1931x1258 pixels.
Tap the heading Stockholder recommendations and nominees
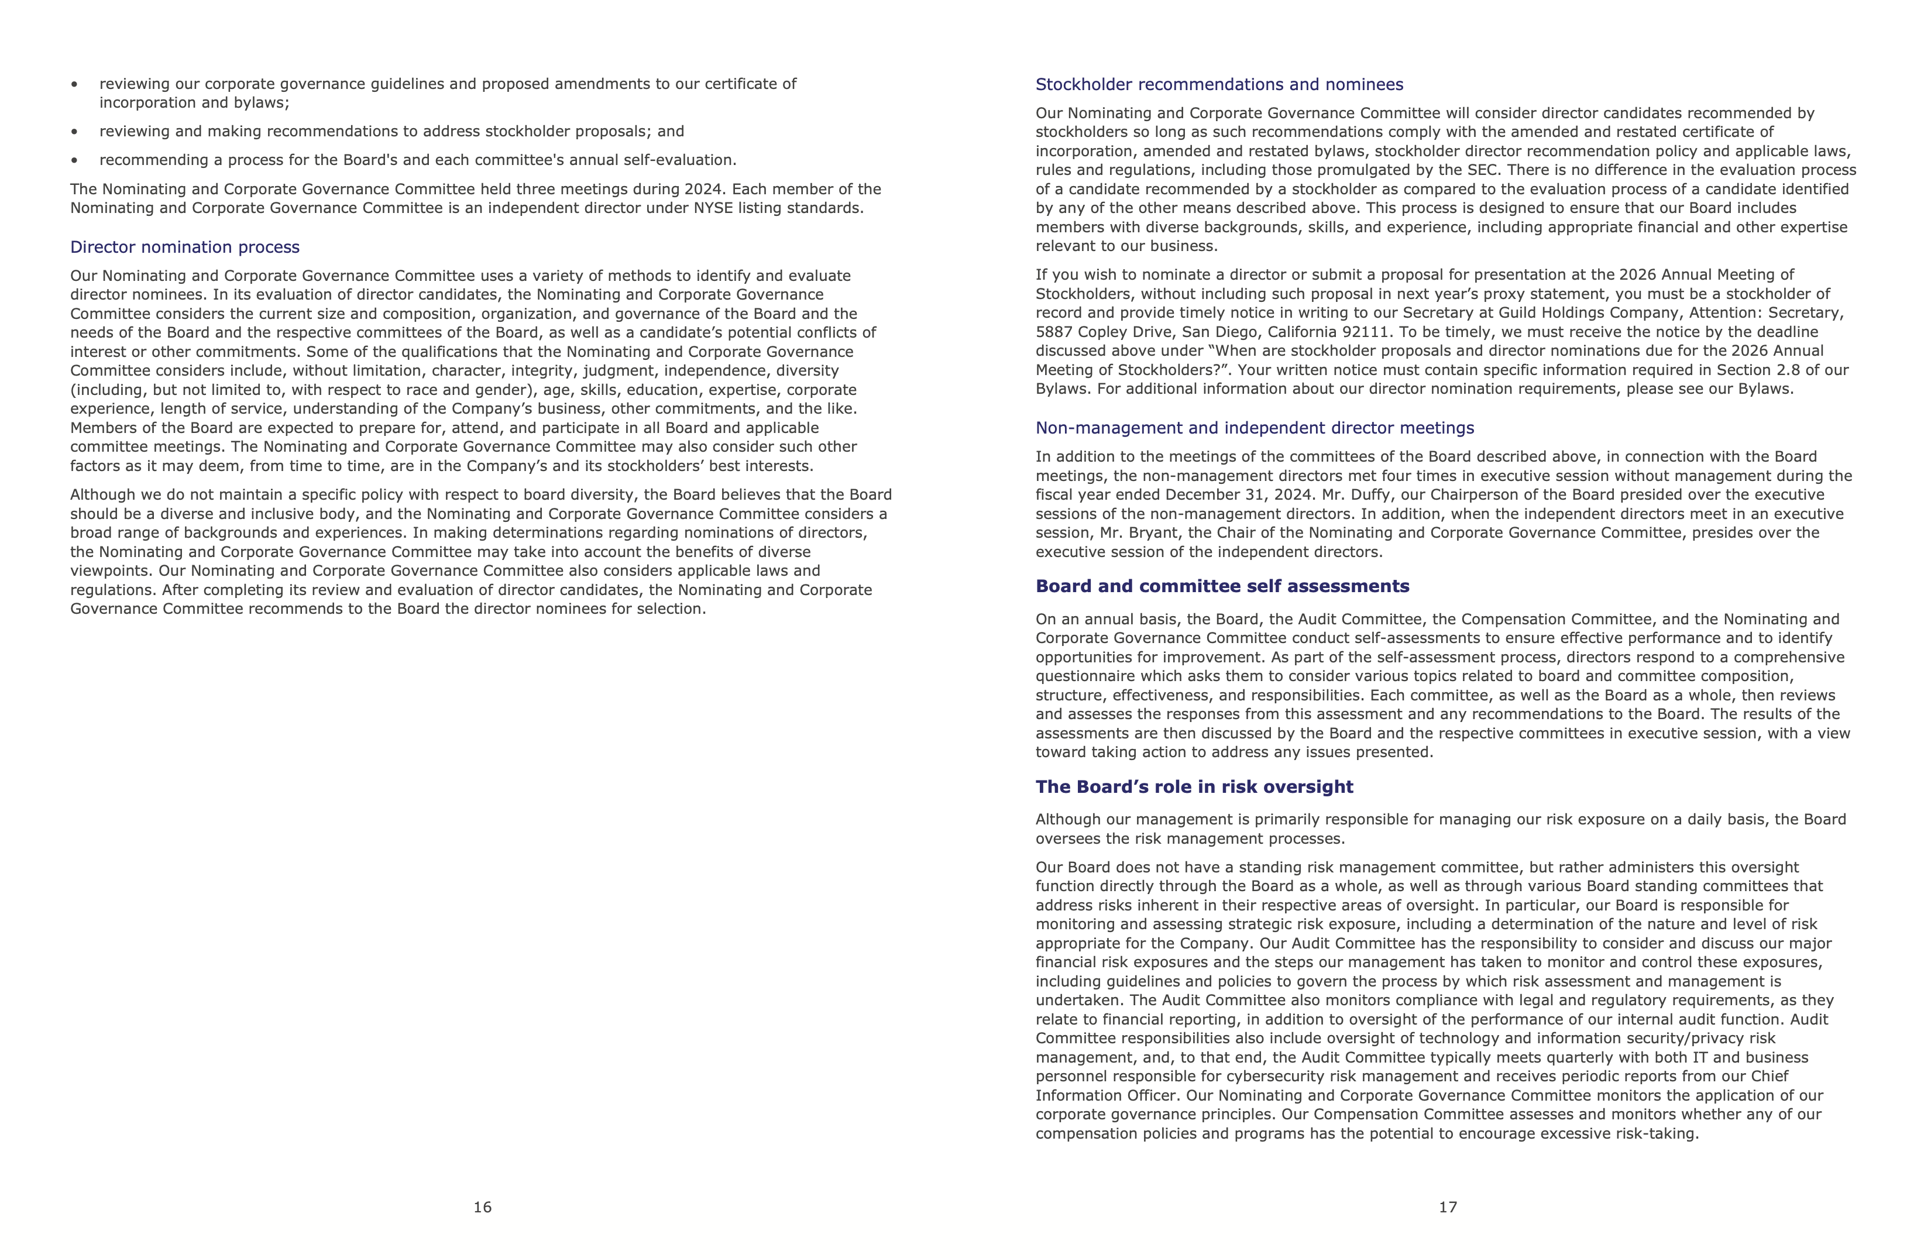1219,84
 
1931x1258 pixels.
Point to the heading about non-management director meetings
1255,428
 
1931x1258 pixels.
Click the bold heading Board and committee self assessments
1222,586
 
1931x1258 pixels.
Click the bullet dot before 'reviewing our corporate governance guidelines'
75,84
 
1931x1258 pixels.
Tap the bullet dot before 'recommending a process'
75,160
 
